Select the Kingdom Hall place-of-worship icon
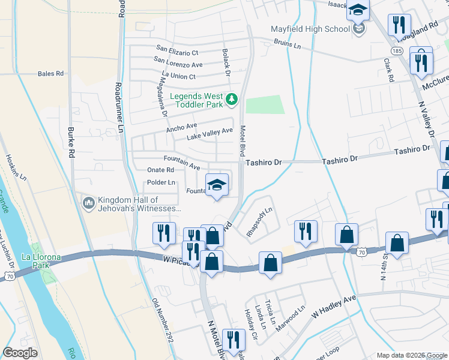tap(89, 204)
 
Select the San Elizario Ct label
tap(177, 50)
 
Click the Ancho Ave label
tap(181, 128)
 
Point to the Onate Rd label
tap(160, 170)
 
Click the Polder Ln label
tap(161, 182)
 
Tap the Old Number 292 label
tap(163, 320)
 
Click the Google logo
tap(20, 353)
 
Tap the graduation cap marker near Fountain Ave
tap(217, 185)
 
